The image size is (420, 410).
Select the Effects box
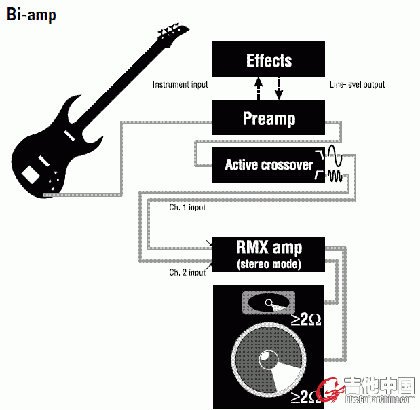pyautogui.click(x=269, y=60)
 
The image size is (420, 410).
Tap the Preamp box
pyautogui.click(x=269, y=119)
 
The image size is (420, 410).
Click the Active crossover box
pyautogui.click(x=269, y=164)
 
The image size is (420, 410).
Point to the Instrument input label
pyautogui.click(x=180, y=85)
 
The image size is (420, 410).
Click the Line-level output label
pyautogui.click(x=357, y=85)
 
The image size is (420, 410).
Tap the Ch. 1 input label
pyautogui.click(x=187, y=208)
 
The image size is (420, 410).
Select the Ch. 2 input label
pyautogui.click(x=187, y=272)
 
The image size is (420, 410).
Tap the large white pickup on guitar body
pyautogui.click(x=31, y=174)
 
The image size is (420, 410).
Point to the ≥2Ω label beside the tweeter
pyautogui.click(x=306, y=318)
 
